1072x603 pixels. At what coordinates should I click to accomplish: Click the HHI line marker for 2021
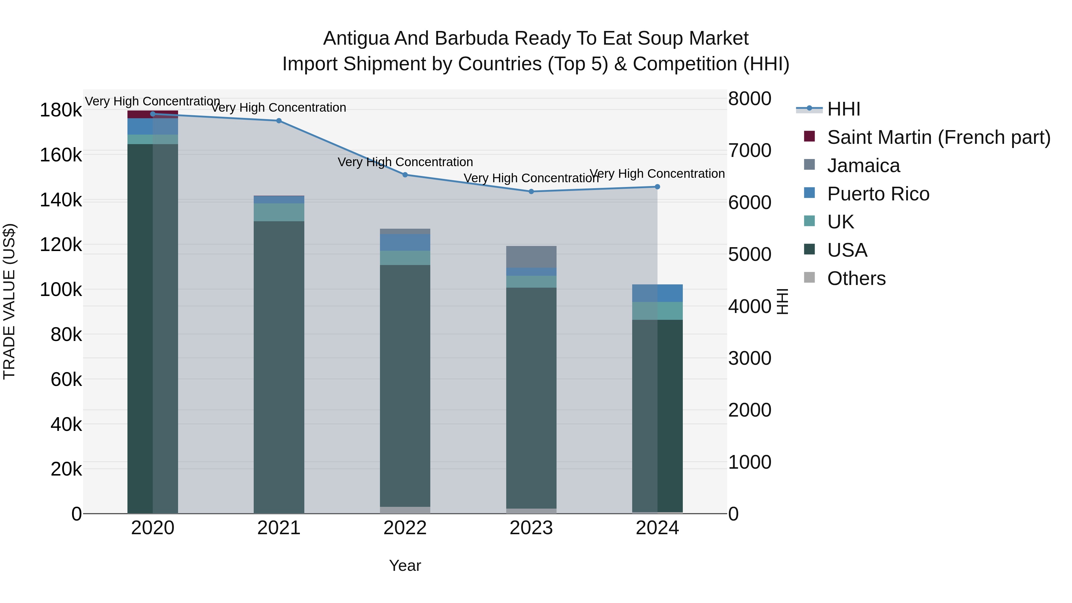point(279,121)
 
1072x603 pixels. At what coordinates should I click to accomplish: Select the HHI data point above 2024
point(657,186)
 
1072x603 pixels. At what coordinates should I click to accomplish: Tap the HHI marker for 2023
point(531,191)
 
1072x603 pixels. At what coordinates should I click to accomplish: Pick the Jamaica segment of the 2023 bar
point(531,257)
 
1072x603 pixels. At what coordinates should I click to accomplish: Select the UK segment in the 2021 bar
point(279,212)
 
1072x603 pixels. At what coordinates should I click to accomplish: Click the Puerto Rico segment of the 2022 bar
point(405,242)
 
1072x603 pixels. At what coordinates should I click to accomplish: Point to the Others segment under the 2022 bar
point(405,510)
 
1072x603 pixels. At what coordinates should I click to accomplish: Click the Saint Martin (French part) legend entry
point(938,137)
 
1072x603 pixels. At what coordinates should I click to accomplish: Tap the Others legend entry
point(856,278)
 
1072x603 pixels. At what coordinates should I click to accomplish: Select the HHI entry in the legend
point(844,109)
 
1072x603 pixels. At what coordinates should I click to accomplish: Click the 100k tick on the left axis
point(61,290)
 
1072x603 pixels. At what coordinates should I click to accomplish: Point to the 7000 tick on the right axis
point(750,151)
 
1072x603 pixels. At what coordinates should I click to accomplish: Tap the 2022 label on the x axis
point(405,528)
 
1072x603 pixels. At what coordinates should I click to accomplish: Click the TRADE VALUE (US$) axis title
point(9,301)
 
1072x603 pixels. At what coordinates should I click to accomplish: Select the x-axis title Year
point(405,565)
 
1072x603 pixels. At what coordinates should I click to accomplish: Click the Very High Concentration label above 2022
point(405,162)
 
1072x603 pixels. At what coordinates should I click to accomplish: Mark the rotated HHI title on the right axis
point(782,301)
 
